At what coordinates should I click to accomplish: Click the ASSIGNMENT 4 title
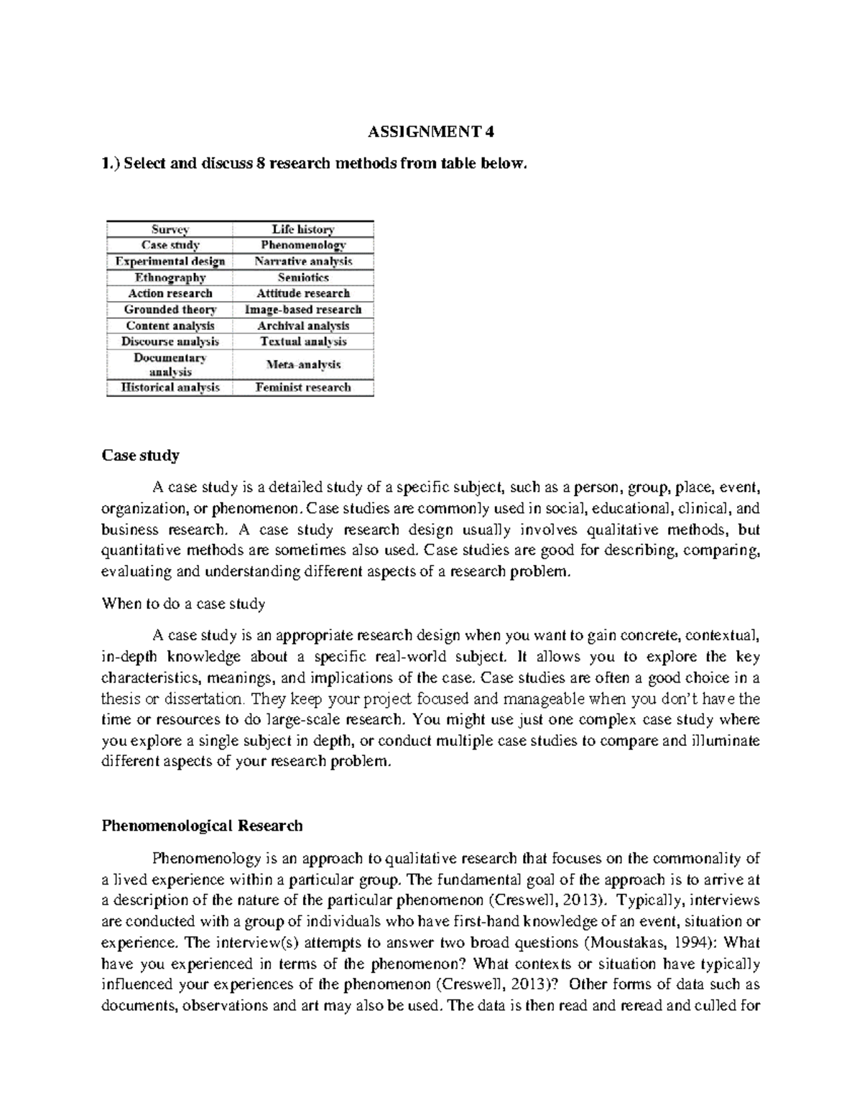431,133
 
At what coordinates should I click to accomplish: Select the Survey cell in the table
170,229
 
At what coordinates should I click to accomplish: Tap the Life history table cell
303,229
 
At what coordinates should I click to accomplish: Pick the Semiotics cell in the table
303,277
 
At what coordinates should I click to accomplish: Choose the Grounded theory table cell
170,310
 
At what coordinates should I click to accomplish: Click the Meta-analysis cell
303,364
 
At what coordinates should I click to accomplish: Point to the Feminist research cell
303,387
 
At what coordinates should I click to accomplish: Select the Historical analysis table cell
170,387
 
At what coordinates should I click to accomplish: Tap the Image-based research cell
303,310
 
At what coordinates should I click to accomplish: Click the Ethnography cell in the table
170,277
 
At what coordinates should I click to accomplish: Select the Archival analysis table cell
303,326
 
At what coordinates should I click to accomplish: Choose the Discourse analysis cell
170,341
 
